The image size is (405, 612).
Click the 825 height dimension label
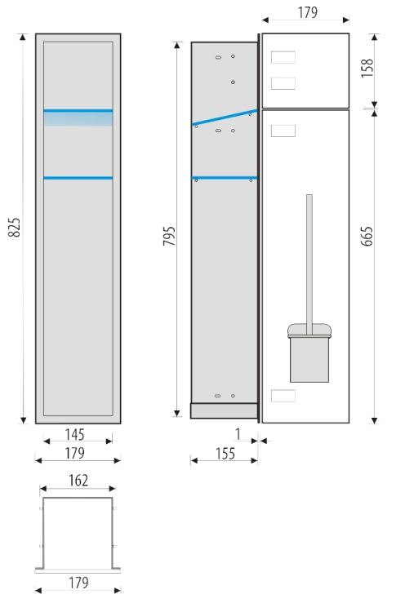14,228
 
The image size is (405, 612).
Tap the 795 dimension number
169,236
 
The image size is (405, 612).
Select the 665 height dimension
367,236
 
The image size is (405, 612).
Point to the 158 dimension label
367,69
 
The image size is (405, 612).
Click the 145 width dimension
74,434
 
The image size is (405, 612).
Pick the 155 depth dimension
225,454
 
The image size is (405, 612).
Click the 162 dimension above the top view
78,481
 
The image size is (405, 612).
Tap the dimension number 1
238,434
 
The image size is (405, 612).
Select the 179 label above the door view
307,12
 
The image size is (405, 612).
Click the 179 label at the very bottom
78,583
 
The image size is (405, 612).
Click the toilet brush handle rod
309,264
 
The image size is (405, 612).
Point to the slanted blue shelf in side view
225,118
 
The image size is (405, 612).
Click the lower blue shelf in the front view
78,178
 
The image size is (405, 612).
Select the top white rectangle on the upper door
283,57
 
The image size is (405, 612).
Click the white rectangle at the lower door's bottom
283,396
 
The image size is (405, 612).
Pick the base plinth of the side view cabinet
225,411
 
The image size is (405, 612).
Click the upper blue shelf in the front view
78,111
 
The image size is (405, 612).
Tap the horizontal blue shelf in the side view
225,178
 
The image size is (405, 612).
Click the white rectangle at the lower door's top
283,131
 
